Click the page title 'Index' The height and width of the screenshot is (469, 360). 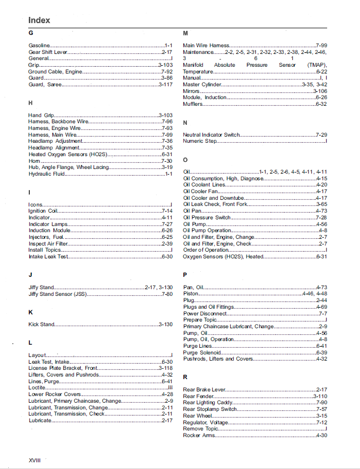point(39,20)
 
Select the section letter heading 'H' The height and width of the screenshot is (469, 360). point(31,103)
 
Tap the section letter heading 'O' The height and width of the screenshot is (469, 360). point(185,160)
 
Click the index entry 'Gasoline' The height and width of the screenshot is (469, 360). point(39,46)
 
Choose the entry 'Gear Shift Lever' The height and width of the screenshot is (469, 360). point(48,52)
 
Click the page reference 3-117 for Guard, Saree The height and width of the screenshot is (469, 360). point(165,84)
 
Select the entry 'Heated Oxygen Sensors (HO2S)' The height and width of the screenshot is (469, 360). point(65,154)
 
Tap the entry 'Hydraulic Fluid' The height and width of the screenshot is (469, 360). point(47,174)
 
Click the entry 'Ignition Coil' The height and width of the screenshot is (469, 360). point(43,211)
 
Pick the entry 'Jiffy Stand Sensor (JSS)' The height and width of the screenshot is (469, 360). point(58,294)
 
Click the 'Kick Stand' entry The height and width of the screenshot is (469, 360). point(41,325)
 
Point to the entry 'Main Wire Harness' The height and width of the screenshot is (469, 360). point(206,46)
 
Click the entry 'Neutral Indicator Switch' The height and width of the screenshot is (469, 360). point(211,135)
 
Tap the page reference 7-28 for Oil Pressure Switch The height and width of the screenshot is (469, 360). point(321,217)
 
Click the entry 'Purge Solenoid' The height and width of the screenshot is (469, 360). point(202,352)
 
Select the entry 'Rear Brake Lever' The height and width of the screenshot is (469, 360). point(204,390)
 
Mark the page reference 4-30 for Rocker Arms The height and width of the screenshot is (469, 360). point(321,436)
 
